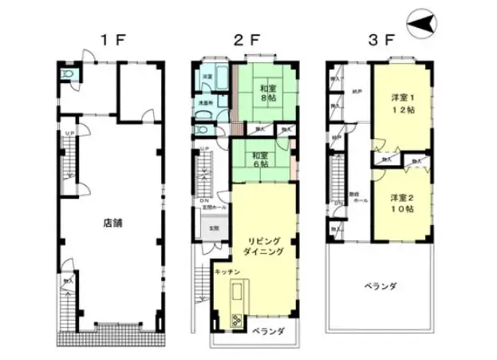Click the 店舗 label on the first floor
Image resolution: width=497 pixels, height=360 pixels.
click(x=112, y=224)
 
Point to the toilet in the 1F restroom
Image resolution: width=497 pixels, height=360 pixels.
click(x=69, y=75)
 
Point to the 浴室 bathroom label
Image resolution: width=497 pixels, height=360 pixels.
click(x=206, y=77)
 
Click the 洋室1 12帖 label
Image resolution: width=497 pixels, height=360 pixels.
click(x=400, y=104)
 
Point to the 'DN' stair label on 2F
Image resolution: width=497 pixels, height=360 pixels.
click(x=204, y=200)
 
